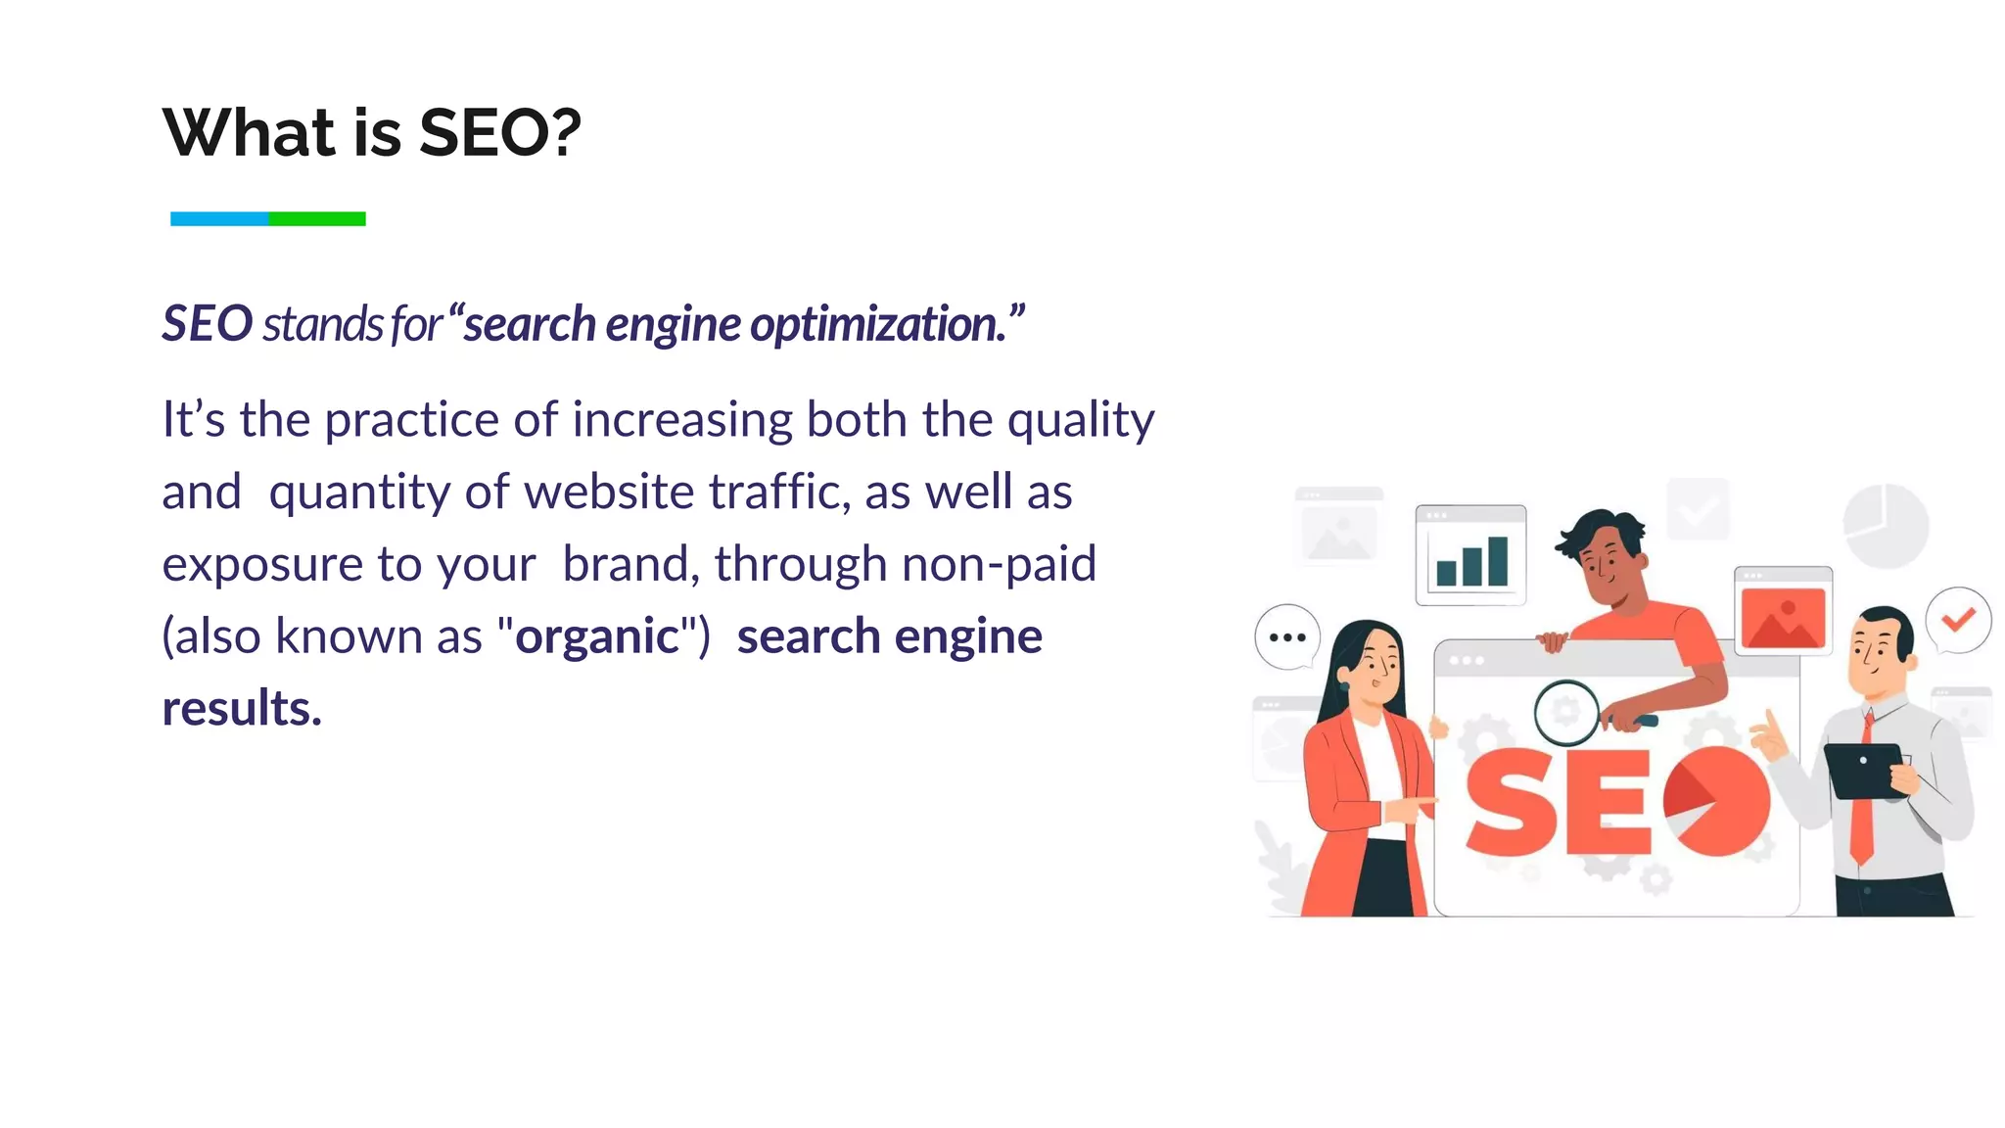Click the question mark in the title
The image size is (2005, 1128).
565,133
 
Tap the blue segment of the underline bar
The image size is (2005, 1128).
219,219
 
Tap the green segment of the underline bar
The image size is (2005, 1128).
317,219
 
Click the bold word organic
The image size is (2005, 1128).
597,636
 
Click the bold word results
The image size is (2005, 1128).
241,708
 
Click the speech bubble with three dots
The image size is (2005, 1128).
1287,637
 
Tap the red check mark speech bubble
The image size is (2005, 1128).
1958,620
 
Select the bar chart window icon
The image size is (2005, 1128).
1470,554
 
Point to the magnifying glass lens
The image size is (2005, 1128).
1566,712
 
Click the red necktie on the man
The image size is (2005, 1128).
1862,793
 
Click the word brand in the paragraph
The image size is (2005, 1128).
626,564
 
